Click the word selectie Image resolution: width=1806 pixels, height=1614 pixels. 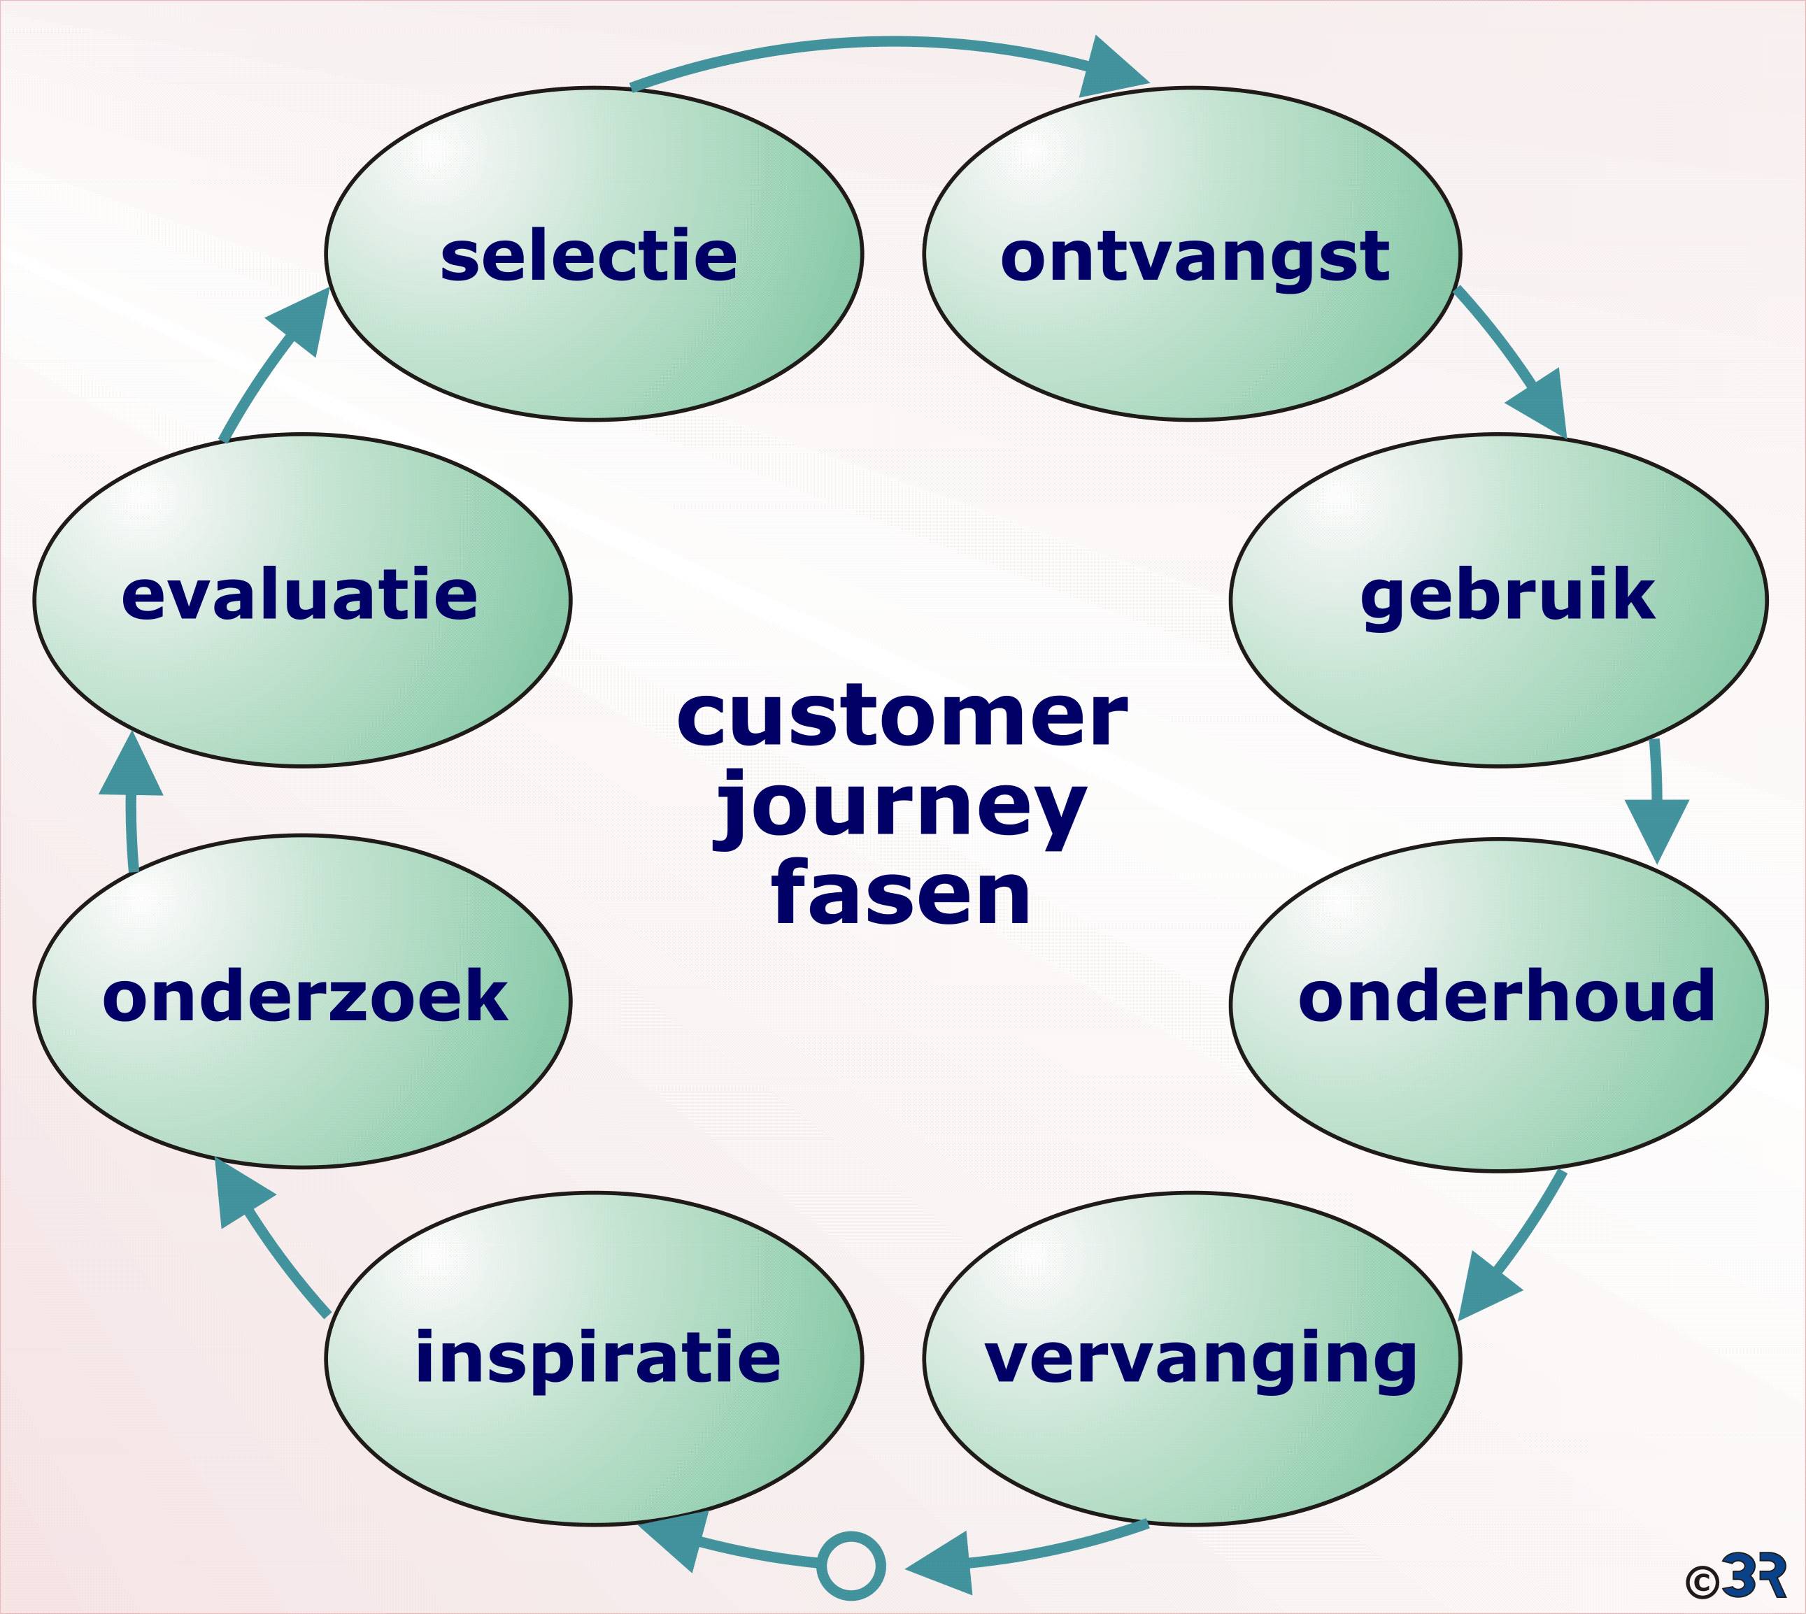click(588, 257)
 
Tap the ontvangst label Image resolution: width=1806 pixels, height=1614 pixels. click(1194, 257)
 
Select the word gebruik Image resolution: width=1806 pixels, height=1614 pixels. click(1507, 596)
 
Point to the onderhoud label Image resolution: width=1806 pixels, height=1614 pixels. click(1506, 996)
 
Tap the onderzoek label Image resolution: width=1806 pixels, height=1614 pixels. click(305, 997)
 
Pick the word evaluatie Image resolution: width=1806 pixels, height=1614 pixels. click(300, 595)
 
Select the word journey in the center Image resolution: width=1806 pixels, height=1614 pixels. click(900, 809)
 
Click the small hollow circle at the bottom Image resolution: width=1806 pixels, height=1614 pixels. click(851, 1566)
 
